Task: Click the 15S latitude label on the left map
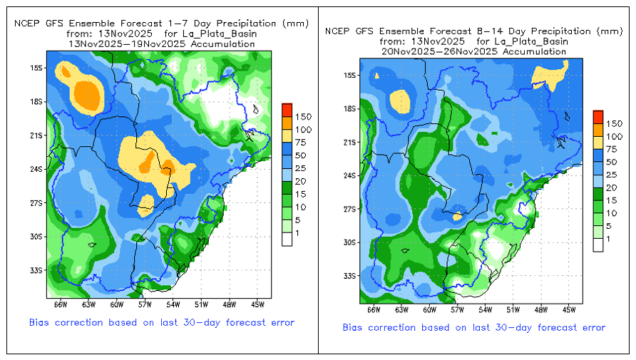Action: pos(36,68)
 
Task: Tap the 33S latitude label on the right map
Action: pos(349,276)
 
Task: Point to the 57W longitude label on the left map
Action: pos(145,304)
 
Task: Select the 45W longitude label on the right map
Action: pos(569,309)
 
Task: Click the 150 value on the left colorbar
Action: pos(303,117)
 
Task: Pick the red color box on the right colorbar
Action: pos(598,117)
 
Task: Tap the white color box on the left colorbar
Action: pos(287,240)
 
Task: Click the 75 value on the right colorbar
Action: pos(611,149)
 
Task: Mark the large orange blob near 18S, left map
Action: pos(86,95)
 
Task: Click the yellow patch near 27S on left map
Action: pos(145,205)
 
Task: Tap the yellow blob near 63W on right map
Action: pos(400,101)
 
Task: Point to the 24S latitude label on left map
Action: pos(36,169)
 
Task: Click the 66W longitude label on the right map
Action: pos(374,309)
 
